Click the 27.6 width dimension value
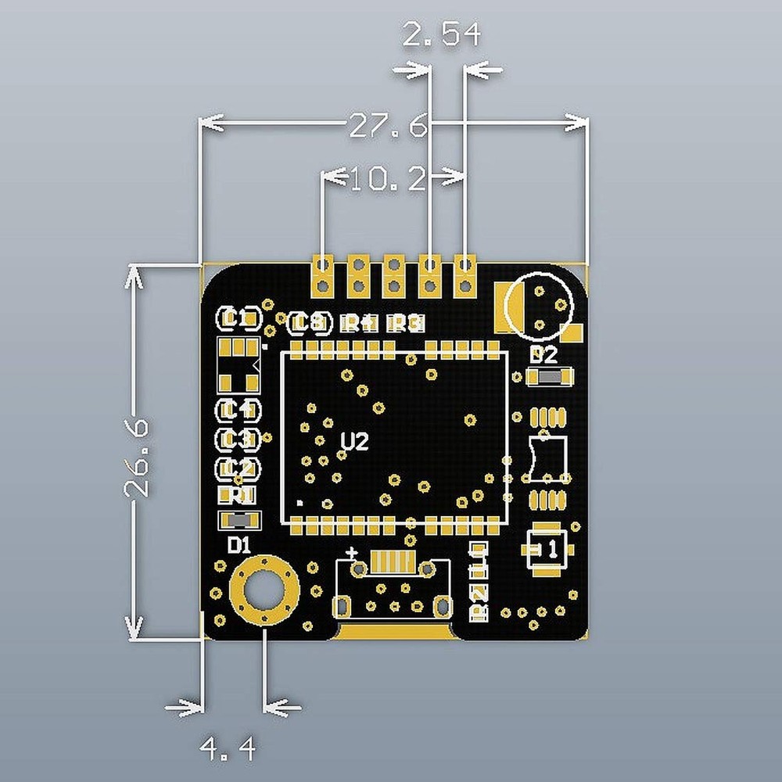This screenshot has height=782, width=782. tap(389, 125)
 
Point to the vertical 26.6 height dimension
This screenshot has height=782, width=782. tap(136, 457)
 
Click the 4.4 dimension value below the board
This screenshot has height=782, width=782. tap(228, 751)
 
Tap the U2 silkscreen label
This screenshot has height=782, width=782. tap(354, 443)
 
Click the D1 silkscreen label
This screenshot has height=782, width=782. tap(239, 545)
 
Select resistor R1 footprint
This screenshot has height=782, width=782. tap(237, 495)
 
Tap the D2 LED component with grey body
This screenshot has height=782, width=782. tap(551, 378)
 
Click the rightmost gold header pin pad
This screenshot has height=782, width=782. tap(465, 274)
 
